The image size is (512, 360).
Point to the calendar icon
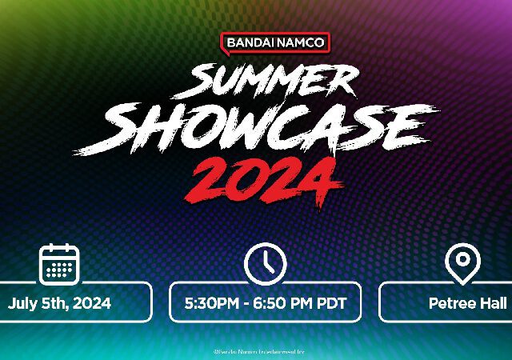pyautogui.click(x=59, y=266)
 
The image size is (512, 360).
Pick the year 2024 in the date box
pyautogui.click(x=92, y=303)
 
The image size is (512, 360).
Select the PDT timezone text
pyautogui.click(x=330, y=303)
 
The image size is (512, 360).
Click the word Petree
pyautogui.click(x=451, y=303)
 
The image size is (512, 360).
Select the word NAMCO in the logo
pyautogui.click(x=300, y=42)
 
